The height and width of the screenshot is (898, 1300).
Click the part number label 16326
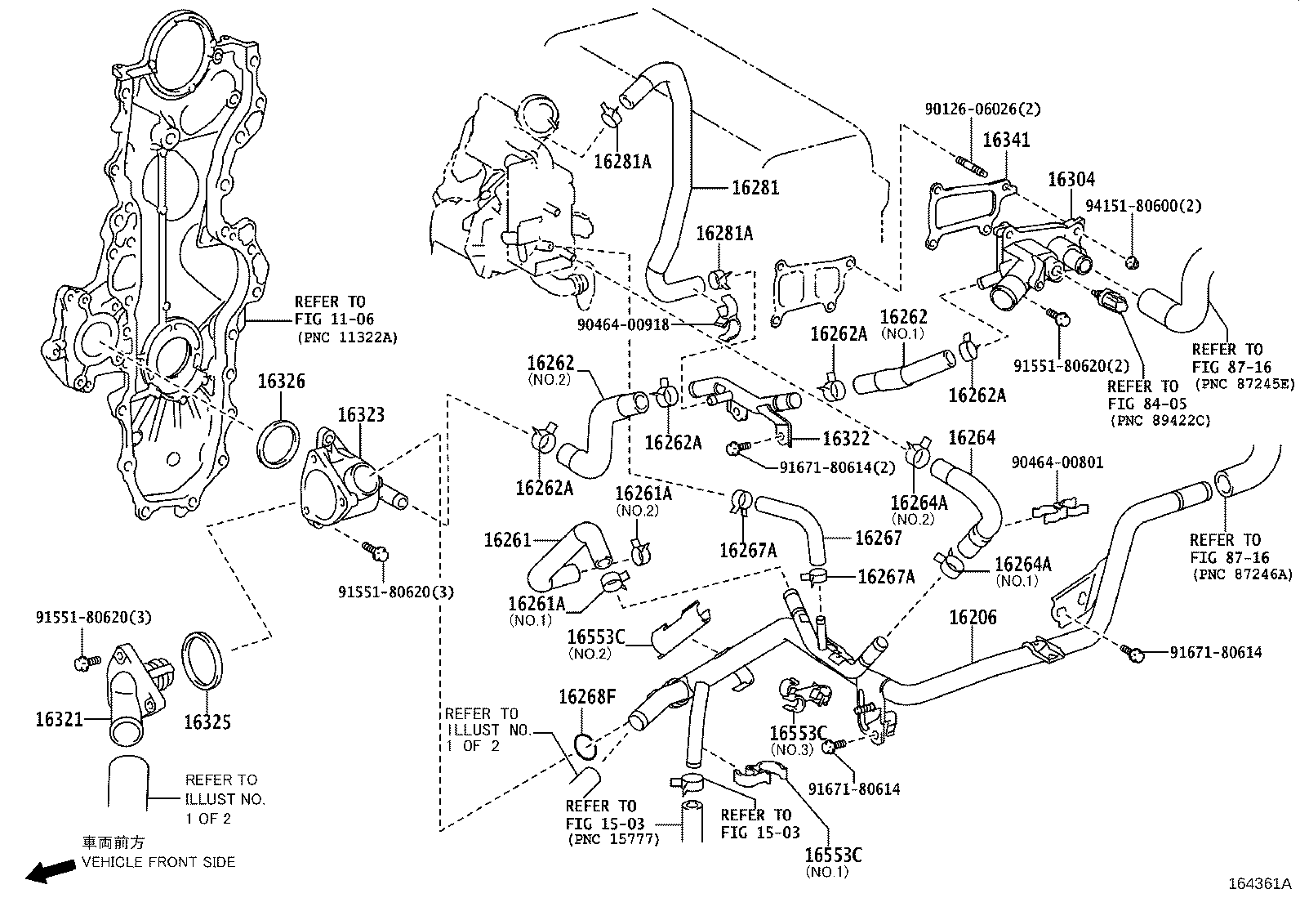point(282,382)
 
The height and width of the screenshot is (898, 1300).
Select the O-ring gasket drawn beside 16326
point(276,443)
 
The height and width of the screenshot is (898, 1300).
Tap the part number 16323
point(360,415)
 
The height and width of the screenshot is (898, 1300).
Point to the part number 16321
point(59,719)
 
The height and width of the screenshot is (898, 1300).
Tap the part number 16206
point(973,617)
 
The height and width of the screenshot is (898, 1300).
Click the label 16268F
point(587,697)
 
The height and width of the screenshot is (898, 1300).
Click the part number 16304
point(1071,180)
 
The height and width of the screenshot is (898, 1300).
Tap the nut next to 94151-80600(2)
point(1131,262)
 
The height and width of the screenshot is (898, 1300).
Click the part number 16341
point(1006,140)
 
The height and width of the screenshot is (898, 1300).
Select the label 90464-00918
point(623,324)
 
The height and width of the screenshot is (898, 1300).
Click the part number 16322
point(846,439)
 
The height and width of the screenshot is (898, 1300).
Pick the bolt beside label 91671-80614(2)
point(736,447)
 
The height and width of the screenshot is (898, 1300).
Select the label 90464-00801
point(1057,462)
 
